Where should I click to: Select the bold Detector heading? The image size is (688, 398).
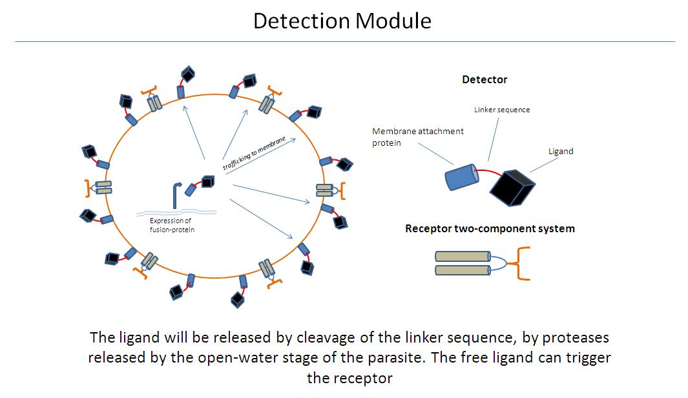coord(485,80)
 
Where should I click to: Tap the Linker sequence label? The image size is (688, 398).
coord(502,110)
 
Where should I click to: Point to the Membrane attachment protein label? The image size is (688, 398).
coord(417,137)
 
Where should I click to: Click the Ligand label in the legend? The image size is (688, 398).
coord(561,152)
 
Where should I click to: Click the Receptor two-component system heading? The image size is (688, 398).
coord(490,228)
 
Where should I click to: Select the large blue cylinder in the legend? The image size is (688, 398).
coord(461,177)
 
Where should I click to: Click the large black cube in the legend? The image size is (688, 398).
coord(512,188)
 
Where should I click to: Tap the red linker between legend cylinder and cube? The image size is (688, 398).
coord(486,172)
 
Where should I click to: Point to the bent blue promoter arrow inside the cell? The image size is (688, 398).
coord(176,192)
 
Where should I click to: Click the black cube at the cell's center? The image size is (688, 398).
coord(207,183)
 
